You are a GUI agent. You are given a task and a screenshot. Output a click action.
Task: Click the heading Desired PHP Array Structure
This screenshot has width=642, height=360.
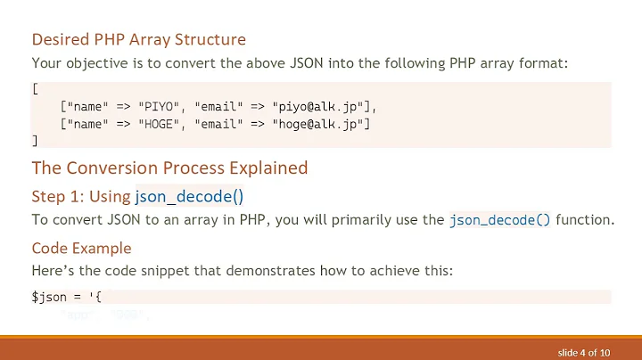tap(138, 39)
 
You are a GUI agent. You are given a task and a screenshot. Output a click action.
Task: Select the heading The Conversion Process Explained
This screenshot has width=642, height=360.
tap(169, 168)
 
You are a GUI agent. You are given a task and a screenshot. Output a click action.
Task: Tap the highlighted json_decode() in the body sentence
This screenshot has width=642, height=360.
tap(500, 219)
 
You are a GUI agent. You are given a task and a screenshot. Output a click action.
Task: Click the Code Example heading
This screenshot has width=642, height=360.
tap(81, 248)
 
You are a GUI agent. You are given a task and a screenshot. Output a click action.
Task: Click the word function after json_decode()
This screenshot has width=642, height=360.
tap(585, 219)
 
